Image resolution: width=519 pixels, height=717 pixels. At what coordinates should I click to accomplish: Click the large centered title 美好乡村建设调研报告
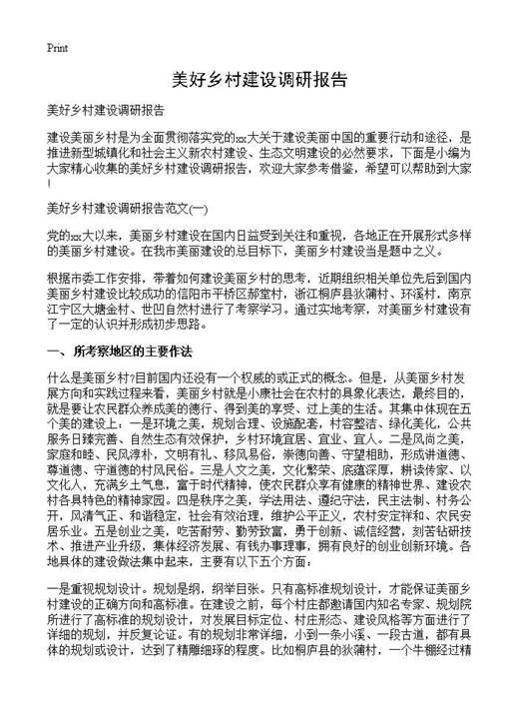(x=259, y=79)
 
